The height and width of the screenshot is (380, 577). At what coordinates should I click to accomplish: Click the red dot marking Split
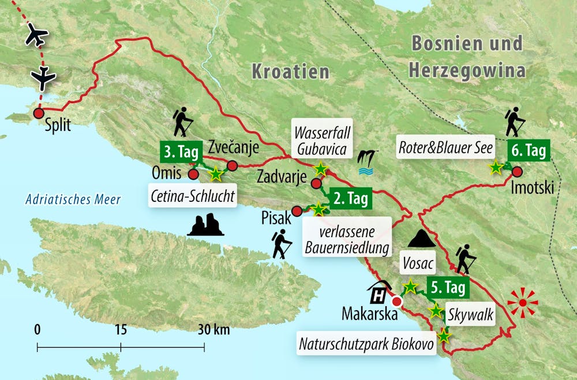click(x=39, y=113)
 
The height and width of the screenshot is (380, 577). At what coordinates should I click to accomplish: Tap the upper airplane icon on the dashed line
click(x=38, y=36)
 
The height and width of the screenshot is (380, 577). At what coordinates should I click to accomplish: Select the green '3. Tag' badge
click(x=179, y=153)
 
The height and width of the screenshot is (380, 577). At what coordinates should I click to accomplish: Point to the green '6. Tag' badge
click(x=529, y=151)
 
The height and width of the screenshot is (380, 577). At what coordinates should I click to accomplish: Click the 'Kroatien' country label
click(x=290, y=72)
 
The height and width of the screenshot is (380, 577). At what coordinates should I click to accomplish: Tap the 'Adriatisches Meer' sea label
click(x=73, y=200)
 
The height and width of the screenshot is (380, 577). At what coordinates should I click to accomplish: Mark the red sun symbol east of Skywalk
click(x=522, y=302)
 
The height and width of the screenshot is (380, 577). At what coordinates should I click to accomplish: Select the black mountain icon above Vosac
click(x=422, y=238)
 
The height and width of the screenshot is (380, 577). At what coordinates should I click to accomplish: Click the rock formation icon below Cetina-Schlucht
click(x=205, y=224)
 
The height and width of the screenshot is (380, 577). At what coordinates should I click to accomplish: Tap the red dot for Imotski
click(x=516, y=171)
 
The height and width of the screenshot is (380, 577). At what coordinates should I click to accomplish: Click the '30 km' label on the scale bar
click(x=213, y=330)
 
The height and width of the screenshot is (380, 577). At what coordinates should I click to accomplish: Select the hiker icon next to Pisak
click(x=281, y=244)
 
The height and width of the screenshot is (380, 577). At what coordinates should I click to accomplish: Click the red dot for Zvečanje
click(x=232, y=166)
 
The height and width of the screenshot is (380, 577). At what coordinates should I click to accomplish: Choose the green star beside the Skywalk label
click(x=436, y=311)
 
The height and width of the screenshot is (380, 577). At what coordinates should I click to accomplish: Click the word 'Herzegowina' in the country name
click(x=467, y=71)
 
